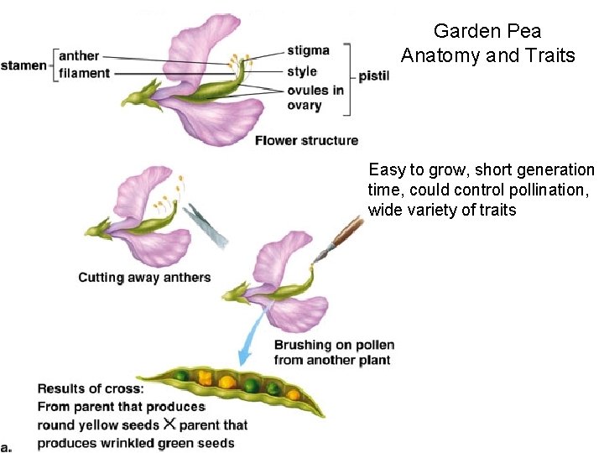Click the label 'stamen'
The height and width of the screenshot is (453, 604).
(23, 65)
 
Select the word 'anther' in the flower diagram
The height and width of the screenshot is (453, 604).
(79, 56)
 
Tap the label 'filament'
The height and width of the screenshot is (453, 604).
(84, 73)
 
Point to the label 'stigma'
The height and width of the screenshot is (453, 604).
(308, 50)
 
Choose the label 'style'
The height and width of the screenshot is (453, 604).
(302, 70)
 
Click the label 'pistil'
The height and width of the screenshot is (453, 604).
(374, 76)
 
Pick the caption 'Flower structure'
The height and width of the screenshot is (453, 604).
(306, 140)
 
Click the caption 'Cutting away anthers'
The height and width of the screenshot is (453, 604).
(144, 278)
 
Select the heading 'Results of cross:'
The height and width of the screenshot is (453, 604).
(90, 388)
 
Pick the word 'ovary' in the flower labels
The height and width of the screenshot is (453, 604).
(304, 105)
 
